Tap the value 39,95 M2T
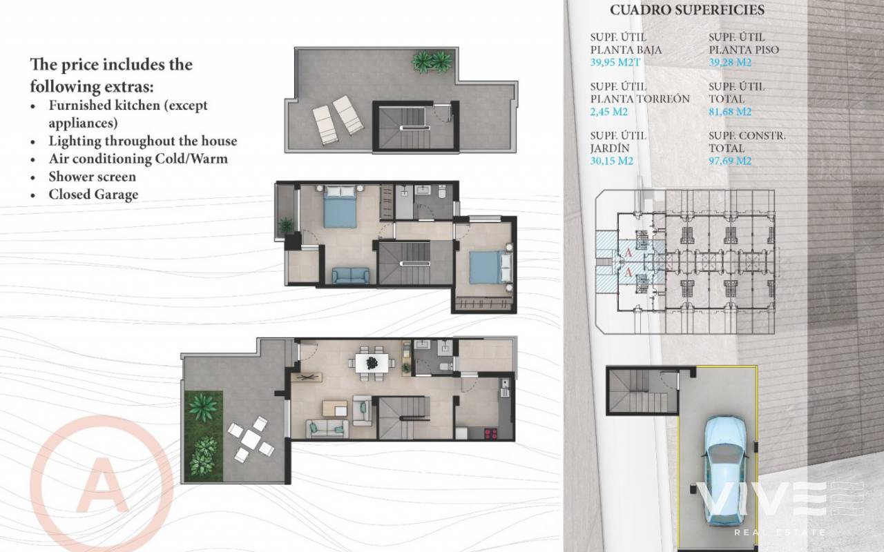615,62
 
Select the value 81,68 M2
730,112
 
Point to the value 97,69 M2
730,161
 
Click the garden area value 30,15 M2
612,161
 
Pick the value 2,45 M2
608,112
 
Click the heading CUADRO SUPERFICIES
687,10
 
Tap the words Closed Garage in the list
93,195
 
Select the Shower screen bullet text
93,177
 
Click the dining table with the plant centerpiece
372,363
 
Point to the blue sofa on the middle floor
350,275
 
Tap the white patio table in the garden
251,439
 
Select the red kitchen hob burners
490,434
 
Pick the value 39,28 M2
730,62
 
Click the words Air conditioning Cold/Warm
138,159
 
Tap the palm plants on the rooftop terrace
432,62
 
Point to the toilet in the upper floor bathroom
442,191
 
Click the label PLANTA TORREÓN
640,99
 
